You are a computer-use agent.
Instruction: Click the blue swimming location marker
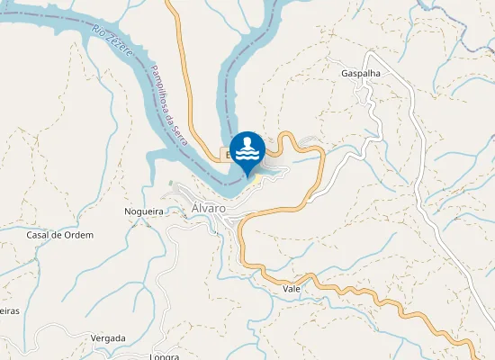point(247,151)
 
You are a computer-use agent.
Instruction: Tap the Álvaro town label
point(208,209)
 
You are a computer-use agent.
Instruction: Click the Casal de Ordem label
point(60,235)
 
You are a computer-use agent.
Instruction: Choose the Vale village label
point(291,289)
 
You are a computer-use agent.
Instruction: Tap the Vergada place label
point(109,338)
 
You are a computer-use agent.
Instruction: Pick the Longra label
point(165,356)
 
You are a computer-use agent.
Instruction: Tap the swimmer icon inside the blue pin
point(247,148)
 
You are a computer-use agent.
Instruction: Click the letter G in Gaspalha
point(345,73)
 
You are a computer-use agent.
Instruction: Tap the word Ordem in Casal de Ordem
point(78,235)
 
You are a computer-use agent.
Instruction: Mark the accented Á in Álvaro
point(195,209)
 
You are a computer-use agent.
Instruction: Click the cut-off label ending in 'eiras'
point(8,310)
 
